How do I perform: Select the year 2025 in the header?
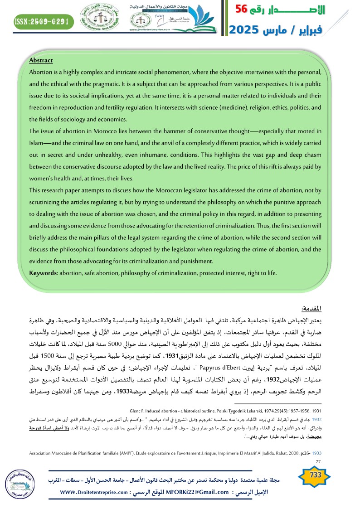pos(245,30)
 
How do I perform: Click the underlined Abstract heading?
pos(41,60)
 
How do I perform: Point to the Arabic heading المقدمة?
pos(311,309)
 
